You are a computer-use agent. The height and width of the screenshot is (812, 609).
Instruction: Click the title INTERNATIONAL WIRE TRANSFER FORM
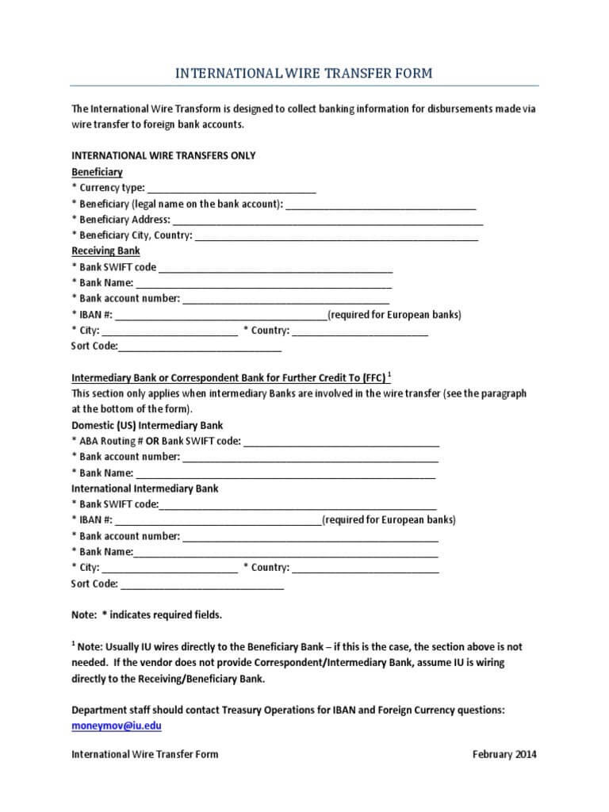click(x=304, y=73)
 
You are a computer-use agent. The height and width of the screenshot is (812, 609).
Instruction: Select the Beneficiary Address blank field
click(x=327, y=220)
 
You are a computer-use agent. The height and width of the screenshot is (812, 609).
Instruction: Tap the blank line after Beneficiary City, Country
click(x=336, y=236)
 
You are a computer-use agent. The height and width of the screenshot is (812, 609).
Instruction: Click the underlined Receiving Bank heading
click(x=105, y=251)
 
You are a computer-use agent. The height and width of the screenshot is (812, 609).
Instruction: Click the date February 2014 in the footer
click(x=504, y=754)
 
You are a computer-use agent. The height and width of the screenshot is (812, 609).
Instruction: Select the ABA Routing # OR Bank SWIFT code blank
click(x=341, y=442)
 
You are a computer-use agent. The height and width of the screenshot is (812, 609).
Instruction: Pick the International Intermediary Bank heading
click(x=144, y=488)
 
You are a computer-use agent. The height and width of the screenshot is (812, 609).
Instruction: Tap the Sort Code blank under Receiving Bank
click(x=199, y=347)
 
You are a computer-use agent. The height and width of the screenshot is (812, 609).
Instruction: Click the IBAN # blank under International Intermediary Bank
click(x=218, y=521)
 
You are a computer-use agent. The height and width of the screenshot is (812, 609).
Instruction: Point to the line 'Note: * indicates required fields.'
click(x=147, y=615)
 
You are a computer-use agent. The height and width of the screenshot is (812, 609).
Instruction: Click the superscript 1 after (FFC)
click(x=389, y=374)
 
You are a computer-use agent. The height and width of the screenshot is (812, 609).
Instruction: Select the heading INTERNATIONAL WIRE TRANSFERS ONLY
click(x=163, y=155)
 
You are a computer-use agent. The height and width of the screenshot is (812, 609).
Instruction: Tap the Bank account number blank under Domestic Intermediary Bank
click(x=310, y=458)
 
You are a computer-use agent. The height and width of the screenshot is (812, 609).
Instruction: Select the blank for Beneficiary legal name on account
click(x=381, y=205)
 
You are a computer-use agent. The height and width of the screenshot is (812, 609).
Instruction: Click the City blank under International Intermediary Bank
click(x=170, y=569)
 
